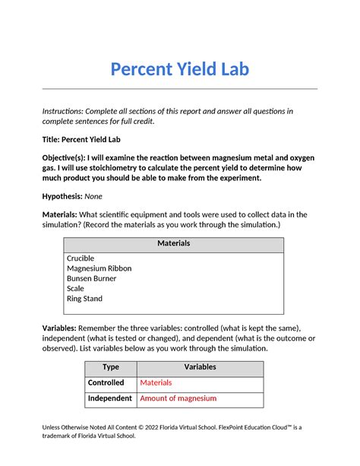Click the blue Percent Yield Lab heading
tap(179, 70)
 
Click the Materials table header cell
tap(173, 243)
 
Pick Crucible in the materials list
tap(81, 258)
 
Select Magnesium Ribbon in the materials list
tap(99, 268)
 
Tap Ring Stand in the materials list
tap(84, 299)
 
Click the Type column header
tap(110, 366)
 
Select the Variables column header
tap(200, 366)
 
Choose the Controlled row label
tap(110, 382)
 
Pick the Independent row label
tap(110, 398)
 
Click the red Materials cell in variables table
tap(156, 382)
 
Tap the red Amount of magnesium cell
tap(178, 398)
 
